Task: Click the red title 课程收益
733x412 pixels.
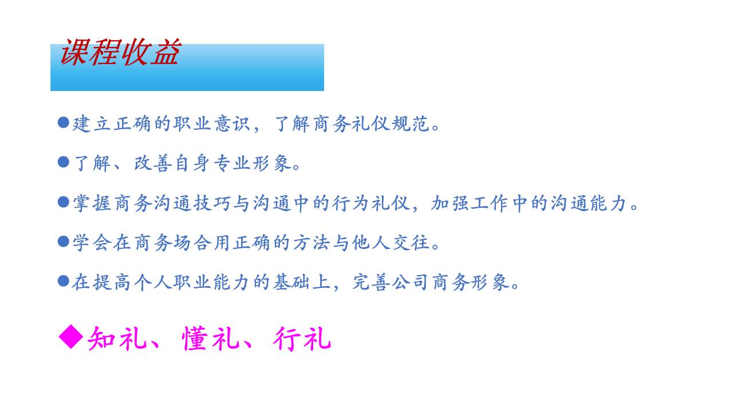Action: tap(120, 53)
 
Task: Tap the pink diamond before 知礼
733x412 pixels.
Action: tap(71, 337)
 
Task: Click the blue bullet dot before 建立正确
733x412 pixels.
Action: tap(64, 122)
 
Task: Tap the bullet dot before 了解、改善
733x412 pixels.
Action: tap(64, 163)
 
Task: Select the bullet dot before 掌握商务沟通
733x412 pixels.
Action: tap(64, 202)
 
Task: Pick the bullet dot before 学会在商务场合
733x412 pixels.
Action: tap(64, 241)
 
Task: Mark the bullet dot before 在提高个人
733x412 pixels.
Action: tap(64, 281)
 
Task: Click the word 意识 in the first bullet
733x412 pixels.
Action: tap(231, 124)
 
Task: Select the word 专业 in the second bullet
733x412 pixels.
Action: tap(231, 164)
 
